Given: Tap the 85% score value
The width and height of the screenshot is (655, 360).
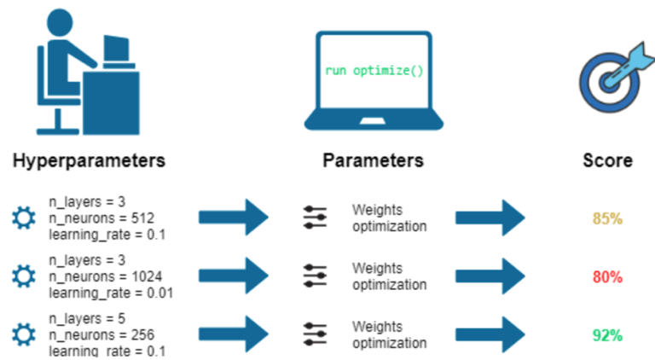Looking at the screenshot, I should point(607,218).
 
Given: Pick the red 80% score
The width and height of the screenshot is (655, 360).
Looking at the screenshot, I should point(607,277).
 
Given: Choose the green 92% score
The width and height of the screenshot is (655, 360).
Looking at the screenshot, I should point(607,335).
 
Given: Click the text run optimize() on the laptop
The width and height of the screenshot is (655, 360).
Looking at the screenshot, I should point(374,69).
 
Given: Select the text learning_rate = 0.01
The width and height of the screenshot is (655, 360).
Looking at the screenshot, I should point(111,293).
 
